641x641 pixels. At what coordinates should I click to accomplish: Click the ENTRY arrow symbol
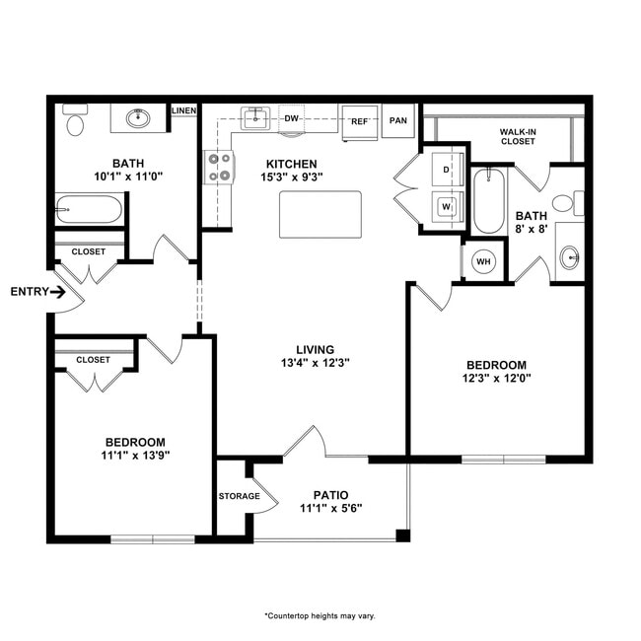point(58,292)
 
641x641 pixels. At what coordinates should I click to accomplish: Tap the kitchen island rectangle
point(320,215)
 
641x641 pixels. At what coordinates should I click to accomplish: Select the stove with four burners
point(218,167)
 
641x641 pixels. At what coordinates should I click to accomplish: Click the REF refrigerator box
point(360,121)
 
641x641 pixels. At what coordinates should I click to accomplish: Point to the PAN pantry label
point(398,121)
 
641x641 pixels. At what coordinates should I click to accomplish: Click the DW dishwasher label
point(291,119)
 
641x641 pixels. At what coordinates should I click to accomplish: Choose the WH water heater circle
point(483,261)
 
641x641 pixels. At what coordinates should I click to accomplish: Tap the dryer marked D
point(445,170)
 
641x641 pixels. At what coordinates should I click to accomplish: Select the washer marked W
point(445,206)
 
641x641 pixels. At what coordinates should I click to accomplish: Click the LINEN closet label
point(183,110)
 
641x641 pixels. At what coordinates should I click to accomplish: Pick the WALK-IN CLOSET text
point(517,135)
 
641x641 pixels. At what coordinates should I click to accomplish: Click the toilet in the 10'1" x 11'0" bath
point(75,122)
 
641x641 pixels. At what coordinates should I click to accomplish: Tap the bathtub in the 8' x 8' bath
point(488,202)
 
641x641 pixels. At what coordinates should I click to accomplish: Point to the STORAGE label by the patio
point(239,496)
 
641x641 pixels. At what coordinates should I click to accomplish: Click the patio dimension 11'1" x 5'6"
point(330,509)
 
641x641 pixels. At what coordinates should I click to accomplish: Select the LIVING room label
point(316,349)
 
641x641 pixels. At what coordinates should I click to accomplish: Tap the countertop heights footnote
point(320,615)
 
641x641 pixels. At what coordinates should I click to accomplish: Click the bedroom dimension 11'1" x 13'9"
point(135,456)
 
